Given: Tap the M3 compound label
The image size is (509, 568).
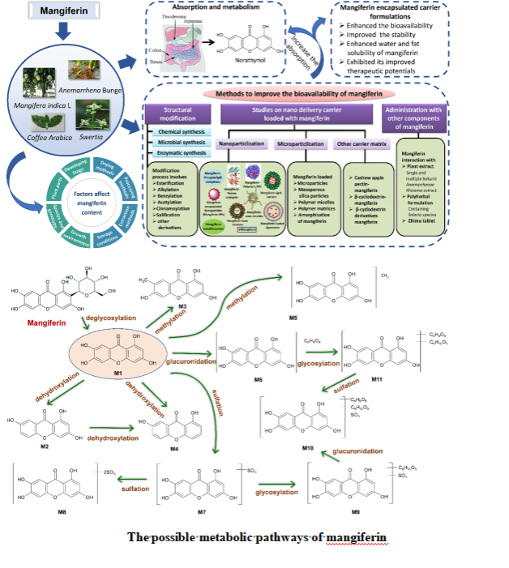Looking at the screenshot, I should [x=183, y=306].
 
